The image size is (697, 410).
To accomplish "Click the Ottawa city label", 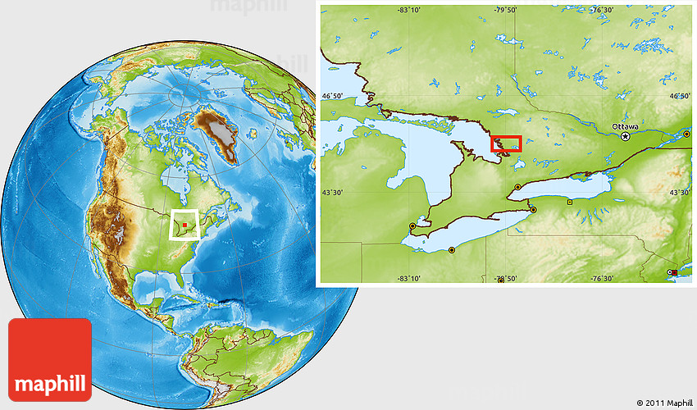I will pos(626,126).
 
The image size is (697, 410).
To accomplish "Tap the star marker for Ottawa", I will pos(626,137).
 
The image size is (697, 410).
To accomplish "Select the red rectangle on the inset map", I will pos(506,143).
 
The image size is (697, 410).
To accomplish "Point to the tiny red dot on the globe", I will pos(185,224).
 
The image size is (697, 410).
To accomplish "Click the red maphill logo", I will pos(50,359).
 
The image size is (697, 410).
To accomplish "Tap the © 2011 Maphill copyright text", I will pos(664,403).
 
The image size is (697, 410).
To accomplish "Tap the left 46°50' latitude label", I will pos(334,96).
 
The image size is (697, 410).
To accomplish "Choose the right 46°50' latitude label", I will pos(680,96).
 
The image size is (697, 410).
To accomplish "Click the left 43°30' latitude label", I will pos(334,193).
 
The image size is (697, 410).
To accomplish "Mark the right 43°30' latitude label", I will pos(680,193).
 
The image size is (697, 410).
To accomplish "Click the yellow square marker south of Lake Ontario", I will pos(570,201).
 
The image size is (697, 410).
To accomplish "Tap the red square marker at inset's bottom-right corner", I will pos(674,272).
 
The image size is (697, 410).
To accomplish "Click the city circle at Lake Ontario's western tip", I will pos(517,188).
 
